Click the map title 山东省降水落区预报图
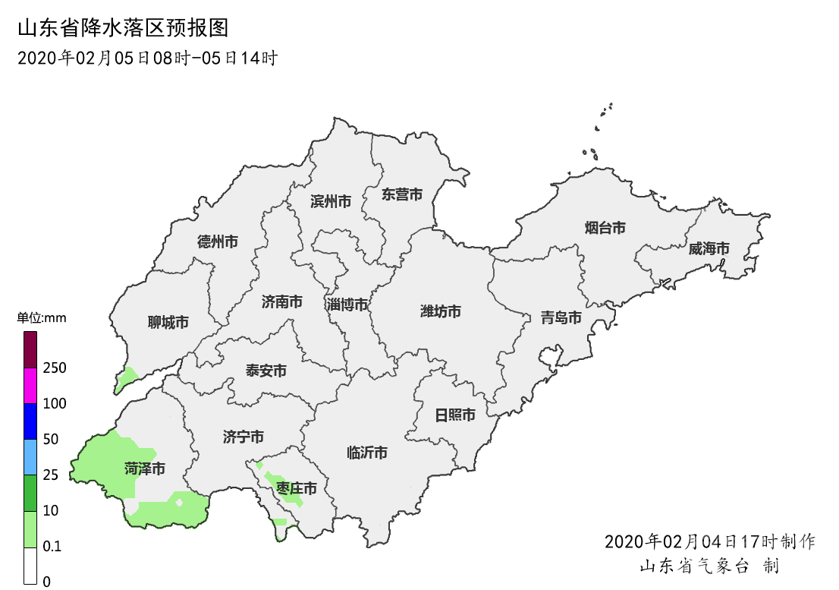(x=123, y=29)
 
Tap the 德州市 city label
(x=218, y=242)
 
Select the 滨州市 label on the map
(x=331, y=201)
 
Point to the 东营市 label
(x=402, y=194)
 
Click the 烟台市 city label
(x=605, y=228)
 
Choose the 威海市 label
(x=709, y=248)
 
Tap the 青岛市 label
(x=561, y=317)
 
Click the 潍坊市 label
(x=441, y=311)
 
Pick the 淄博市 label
(x=347, y=304)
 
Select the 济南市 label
(x=282, y=302)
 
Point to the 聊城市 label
(x=168, y=323)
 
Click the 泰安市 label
(x=266, y=371)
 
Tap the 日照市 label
(x=455, y=415)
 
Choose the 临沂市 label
(x=367, y=453)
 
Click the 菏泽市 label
(x=145, y=469)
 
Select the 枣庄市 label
(x=297, y=487)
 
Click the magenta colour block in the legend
(x=30, y=386)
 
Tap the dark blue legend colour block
(x=30, y=421)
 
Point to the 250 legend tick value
(x=55, y=368)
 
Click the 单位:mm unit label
(x=42, y=318)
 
